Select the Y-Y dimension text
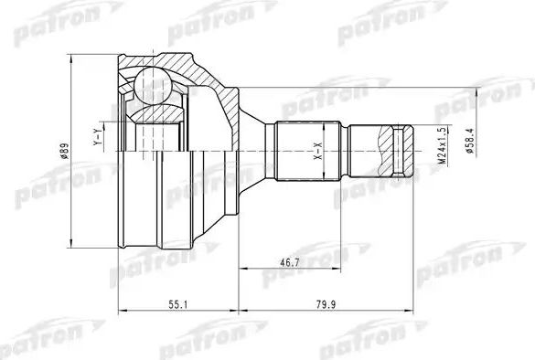point(96,139)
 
